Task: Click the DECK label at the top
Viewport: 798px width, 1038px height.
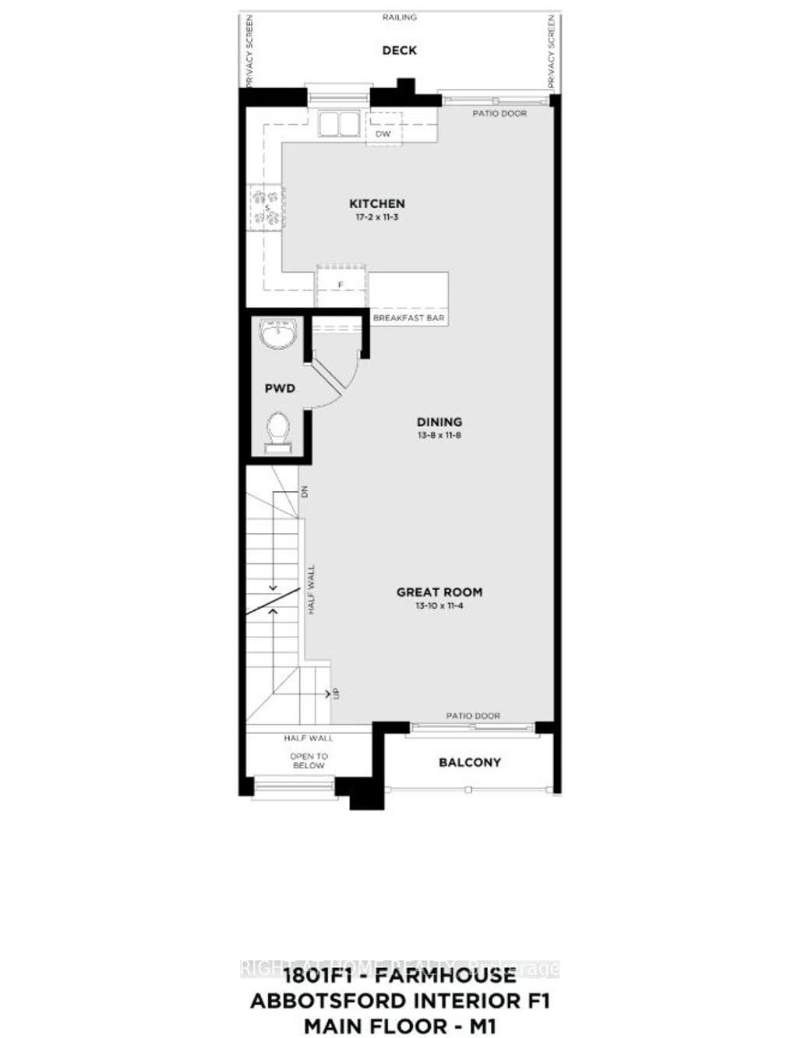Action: pos(399,51)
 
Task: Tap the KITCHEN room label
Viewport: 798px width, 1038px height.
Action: pos(376,203)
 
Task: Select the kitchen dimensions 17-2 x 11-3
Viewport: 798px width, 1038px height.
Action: pos(376,217)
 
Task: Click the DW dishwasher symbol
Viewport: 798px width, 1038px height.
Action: pos(383,133)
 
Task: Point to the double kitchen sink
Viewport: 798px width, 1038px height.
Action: pos(337,125)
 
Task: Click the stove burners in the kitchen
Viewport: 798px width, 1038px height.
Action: pos(266,208)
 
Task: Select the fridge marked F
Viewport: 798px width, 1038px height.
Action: pos(341,285)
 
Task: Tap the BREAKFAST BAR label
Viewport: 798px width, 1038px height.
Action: pos(408,319)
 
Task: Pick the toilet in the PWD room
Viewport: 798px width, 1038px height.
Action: pos(278,431)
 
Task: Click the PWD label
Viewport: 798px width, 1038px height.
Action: pos(279,387)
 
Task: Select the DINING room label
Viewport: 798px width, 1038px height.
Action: pos(439,422)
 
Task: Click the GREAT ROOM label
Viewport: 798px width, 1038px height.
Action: pos(439,592)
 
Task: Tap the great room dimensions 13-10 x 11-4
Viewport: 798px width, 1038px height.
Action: pos(439,605)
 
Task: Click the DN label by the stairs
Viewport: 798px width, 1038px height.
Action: pos(305,492)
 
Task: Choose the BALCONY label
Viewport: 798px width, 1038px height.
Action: pos(469,762)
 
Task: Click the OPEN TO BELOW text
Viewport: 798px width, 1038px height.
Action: pos(309,761)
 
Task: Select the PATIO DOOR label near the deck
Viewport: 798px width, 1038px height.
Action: pos(500,114)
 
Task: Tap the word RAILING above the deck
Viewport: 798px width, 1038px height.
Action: pos(399,16)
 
